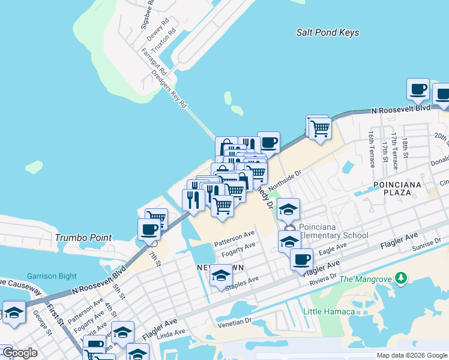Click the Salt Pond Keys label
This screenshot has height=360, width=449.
(x=328, y=32)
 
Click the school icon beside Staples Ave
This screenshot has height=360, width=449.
(x=220, y=275)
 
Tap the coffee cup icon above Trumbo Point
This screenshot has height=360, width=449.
(x=149, y=228)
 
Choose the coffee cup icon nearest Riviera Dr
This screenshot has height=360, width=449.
(x=301, y=259)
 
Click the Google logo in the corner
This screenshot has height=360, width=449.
(x=19, y=353)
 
